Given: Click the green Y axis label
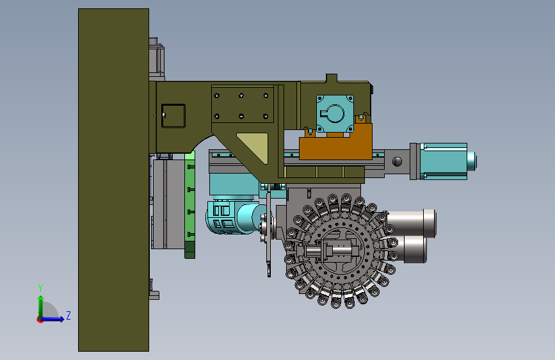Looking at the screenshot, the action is [x=40, y=288].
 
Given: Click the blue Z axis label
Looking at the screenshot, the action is [x=68, y=315].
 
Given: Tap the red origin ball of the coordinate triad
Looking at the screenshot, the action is [x=40, y=320].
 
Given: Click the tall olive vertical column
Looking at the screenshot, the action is [x=113, y=180].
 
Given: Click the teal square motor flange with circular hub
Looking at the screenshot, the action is [x=335, y=113].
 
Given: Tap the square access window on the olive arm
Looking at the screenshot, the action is [x=173, y=116].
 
